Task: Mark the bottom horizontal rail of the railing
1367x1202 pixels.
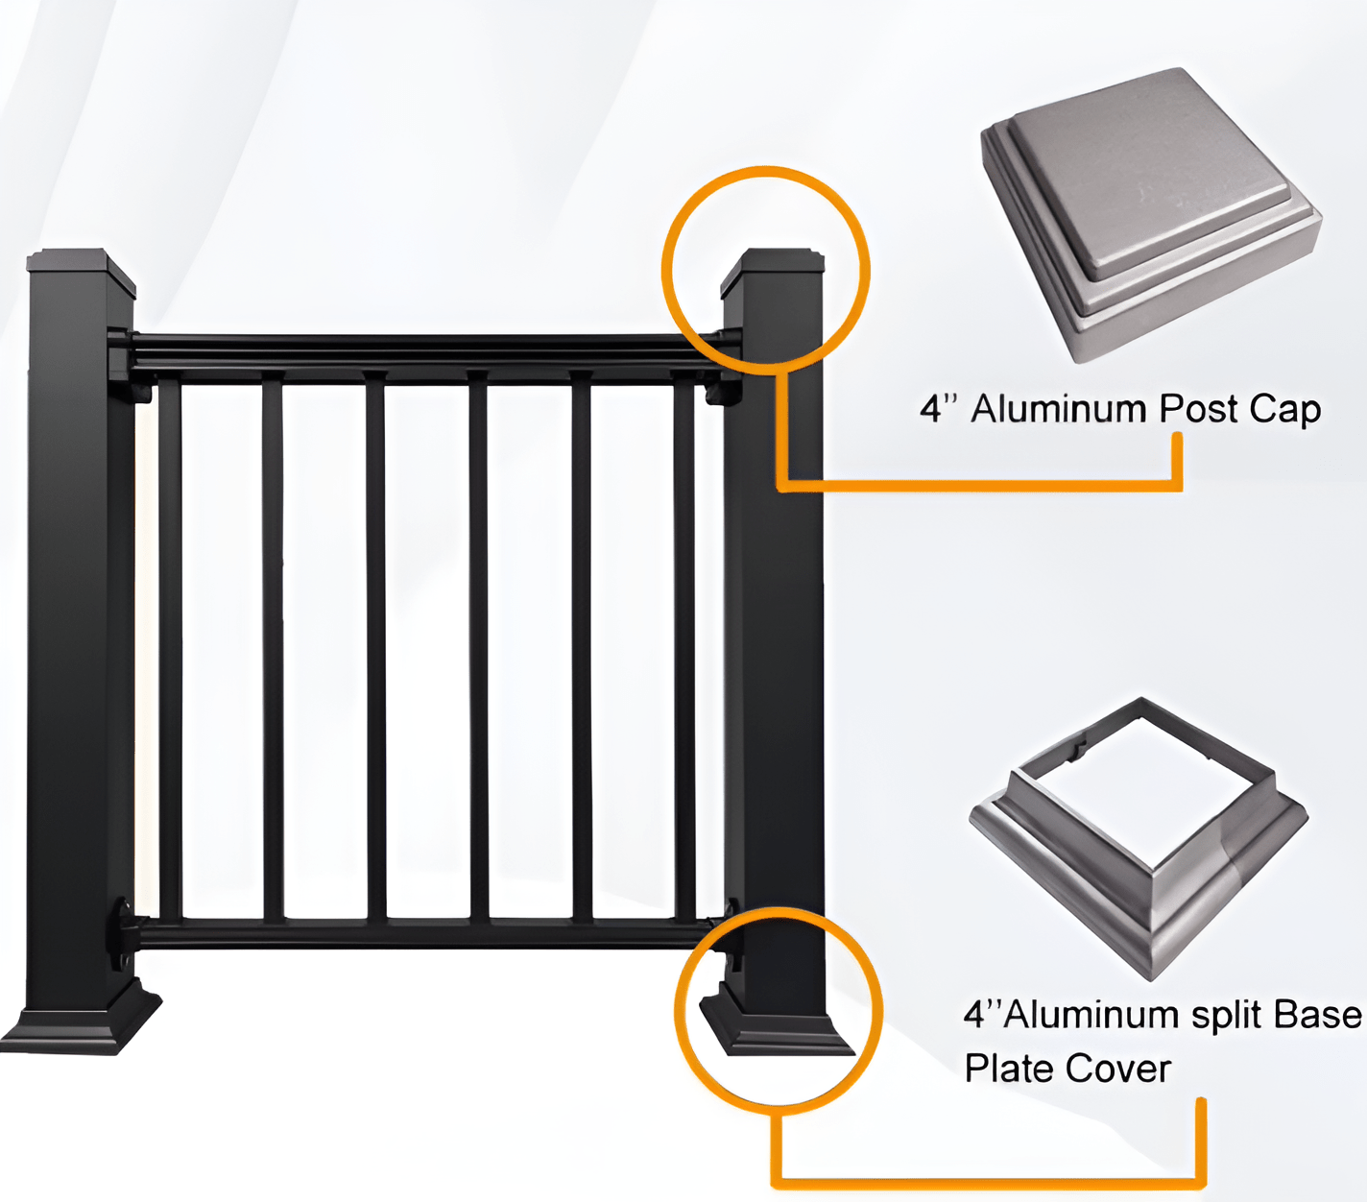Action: click(422, 932)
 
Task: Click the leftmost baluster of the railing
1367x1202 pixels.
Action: click(171, 653)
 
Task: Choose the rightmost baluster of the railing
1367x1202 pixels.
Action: click(684, 653)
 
